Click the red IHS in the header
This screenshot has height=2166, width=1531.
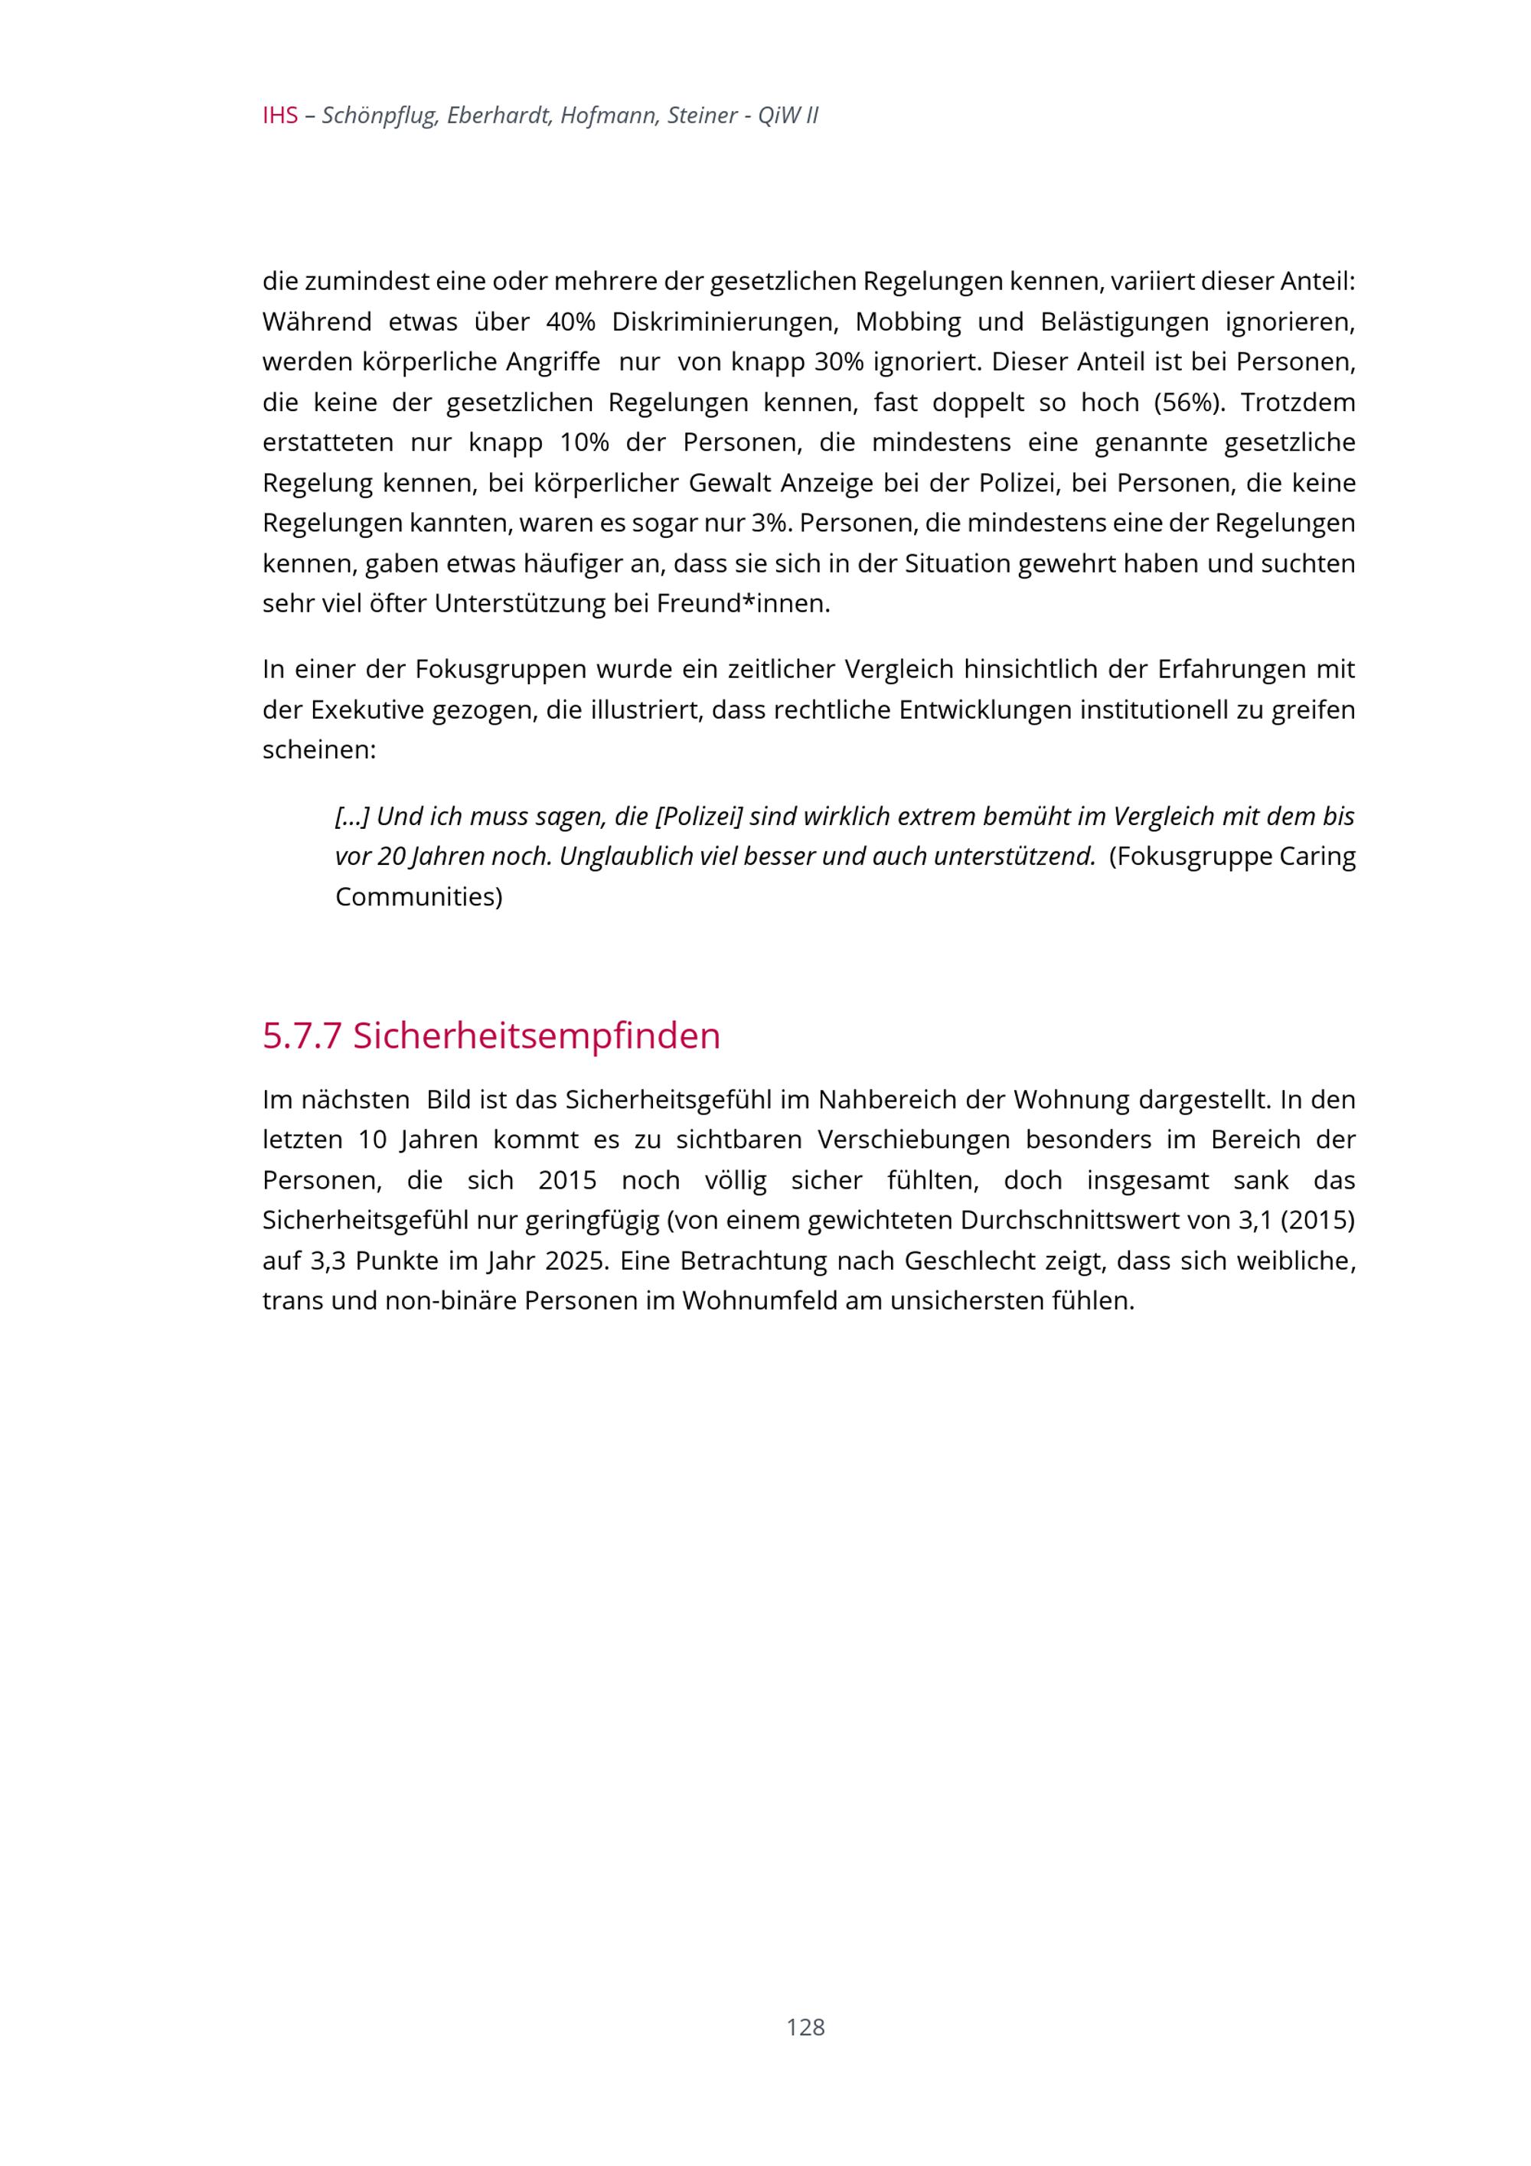pos(280,116)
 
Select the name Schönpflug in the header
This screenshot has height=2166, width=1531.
pos(379,116)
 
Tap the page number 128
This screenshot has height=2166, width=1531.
pos(805,2027)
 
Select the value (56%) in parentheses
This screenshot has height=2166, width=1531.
pos(1190,403)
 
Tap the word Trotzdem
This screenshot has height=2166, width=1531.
pos(1298,403)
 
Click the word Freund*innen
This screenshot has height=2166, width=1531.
pos(743,604)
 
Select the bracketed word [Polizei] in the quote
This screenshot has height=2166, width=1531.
pos(699,816)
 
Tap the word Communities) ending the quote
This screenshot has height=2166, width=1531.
pos(419,896)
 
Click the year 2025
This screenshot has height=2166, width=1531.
pos(572,1261)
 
